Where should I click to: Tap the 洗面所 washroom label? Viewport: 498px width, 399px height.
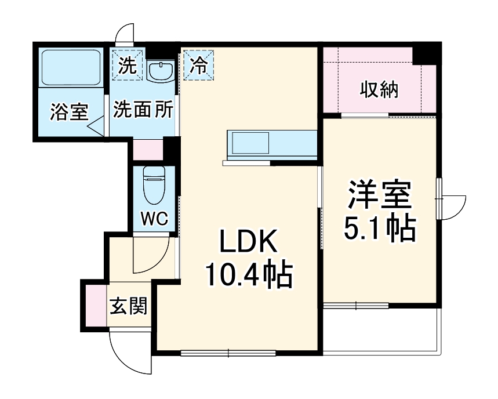point(143,111)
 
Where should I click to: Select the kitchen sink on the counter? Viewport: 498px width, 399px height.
point(250,143)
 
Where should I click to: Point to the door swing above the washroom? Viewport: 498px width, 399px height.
point(125,35)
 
